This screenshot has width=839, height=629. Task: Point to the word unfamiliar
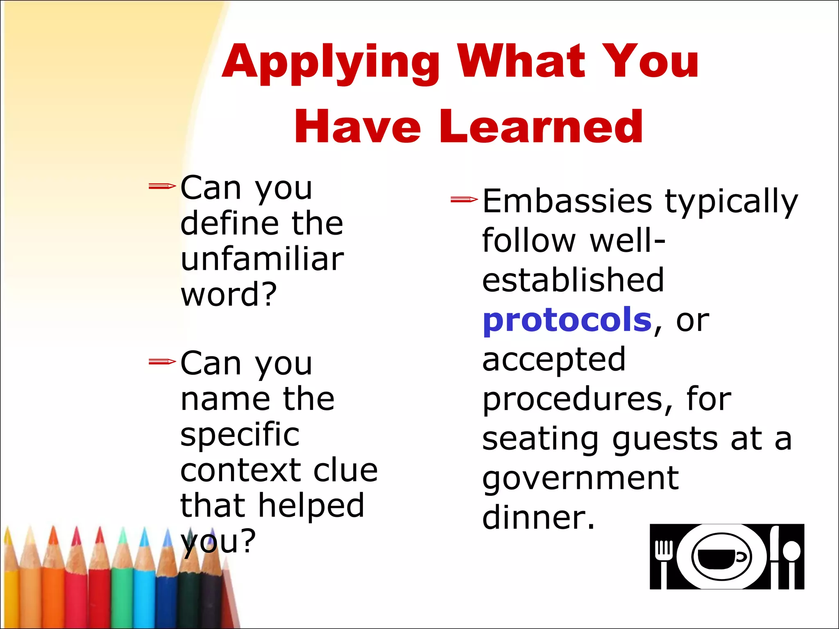click(x=262, y=259)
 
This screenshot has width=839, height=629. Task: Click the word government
click(x=580, y=479)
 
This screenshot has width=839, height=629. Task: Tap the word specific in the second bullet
click(x=240, y=434)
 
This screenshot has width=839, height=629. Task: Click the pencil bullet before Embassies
click(x=464, y=200)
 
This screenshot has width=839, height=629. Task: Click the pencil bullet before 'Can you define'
click(x=162, y=187)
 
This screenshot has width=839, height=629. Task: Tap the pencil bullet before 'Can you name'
click(x=162, y=362)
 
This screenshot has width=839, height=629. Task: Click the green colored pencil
click(x=122, y=581)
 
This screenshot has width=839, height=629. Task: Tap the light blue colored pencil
click(x=144, y=581)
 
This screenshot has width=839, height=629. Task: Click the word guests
click(x=665, y=439)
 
